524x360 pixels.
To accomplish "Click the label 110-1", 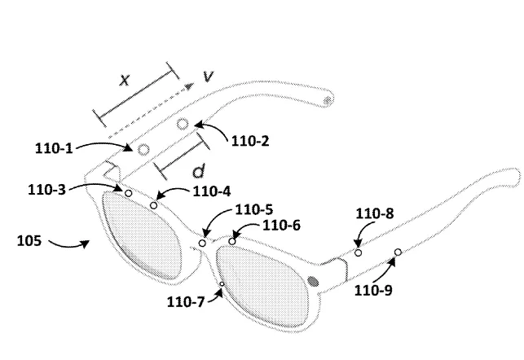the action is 54,148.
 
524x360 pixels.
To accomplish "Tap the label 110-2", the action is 250,141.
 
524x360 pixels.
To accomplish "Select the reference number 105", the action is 29,241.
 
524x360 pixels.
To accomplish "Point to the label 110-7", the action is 186,302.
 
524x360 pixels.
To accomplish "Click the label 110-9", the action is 373,290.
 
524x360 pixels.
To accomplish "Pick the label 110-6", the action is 282,226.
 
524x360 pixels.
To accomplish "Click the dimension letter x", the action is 125,80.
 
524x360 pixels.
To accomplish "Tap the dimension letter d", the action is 199,171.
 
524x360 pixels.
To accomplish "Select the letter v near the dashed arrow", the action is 208,77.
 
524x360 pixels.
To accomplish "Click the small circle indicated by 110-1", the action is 143,150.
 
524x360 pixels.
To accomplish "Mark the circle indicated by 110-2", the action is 183,125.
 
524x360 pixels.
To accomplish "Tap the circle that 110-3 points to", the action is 128,193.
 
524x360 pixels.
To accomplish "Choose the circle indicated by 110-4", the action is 153,205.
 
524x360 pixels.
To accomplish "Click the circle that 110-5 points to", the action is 202,243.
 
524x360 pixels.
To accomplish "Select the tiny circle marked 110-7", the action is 222,284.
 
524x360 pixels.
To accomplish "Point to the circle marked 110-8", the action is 359,252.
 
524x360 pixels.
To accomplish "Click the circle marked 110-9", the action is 398,252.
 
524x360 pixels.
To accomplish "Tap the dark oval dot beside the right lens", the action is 313,282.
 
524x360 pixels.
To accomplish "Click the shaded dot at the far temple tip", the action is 328,100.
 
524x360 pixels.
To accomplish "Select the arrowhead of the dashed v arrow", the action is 190,86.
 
